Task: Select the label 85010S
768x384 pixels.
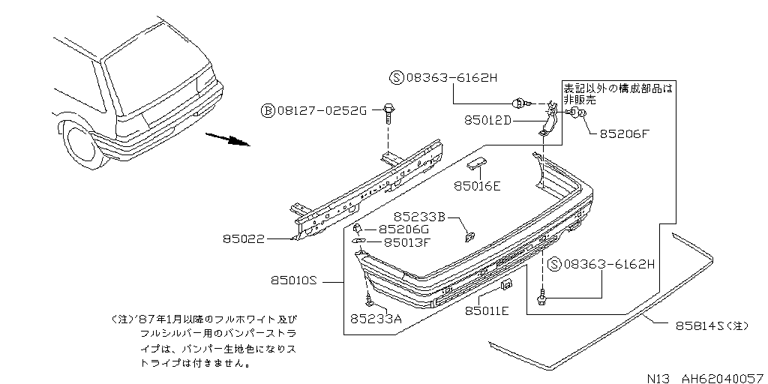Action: coord(295,282)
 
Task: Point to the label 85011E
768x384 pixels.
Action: coord(487,310)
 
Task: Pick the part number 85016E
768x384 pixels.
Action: coord(477,186)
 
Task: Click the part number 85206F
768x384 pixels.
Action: coord(624,135)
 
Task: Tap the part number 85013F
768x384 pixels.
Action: coord(407,242)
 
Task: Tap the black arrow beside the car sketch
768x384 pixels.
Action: coord(228,140)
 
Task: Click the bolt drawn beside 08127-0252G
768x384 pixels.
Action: coord(388,112)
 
